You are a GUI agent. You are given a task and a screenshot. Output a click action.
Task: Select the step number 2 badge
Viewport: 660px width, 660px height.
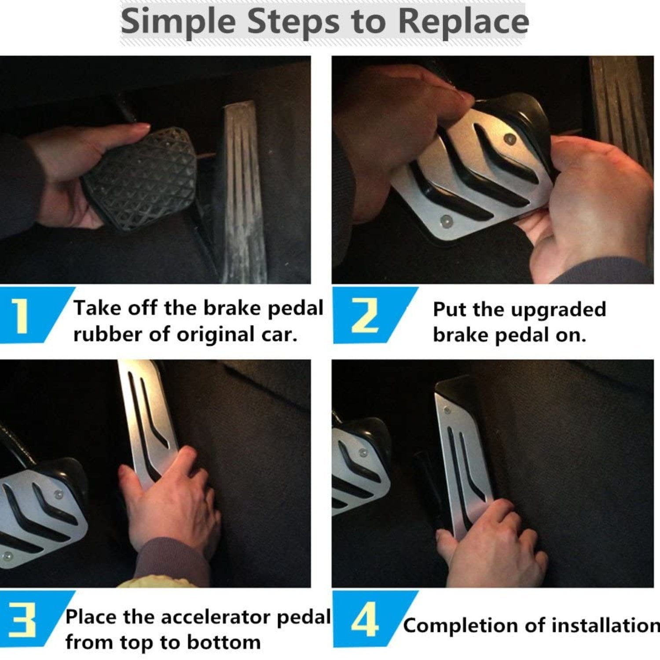[364, 315]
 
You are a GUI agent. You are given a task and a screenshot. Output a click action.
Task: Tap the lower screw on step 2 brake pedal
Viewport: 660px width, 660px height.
[446, 220]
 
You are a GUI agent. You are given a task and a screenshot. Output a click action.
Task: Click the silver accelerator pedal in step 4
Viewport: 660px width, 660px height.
[464, 462]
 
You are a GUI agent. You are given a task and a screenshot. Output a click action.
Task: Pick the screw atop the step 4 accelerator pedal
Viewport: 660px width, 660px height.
[447, 411]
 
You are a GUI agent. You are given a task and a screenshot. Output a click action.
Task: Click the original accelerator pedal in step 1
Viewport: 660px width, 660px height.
[244, 194]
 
